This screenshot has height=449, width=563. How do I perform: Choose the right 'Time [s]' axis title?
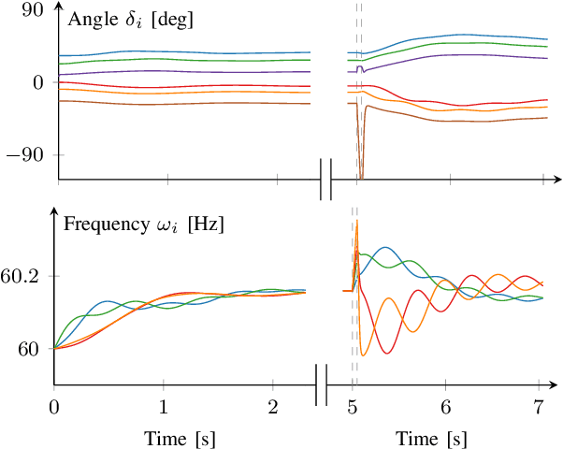point(431,438)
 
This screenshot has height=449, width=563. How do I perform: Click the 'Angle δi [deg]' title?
point(123,18)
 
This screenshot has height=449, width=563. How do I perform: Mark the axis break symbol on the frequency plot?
point(322,384)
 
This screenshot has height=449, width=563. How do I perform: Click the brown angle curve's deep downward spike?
point(361,174)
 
